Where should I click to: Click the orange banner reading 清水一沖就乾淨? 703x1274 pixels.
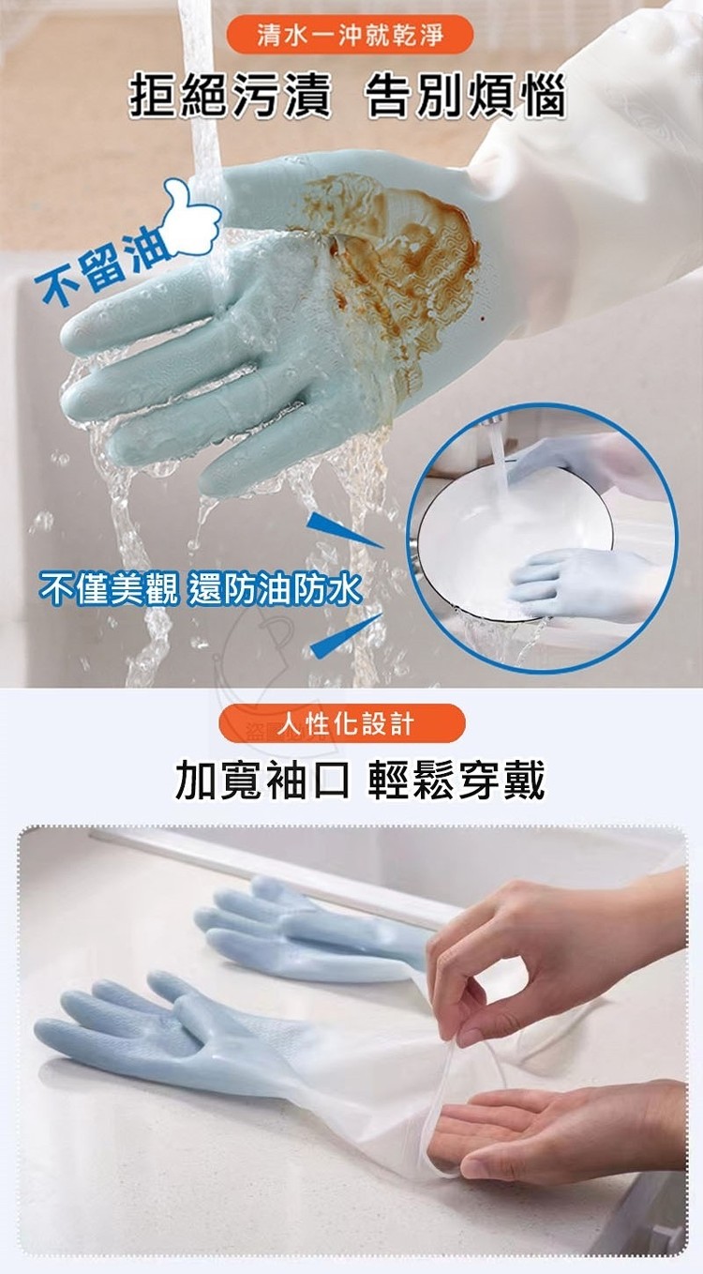(349, 36)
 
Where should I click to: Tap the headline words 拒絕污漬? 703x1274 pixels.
(231, 96)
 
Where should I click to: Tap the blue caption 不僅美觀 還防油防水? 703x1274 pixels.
(200, 589)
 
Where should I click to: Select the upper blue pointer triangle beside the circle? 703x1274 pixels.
(343, 531)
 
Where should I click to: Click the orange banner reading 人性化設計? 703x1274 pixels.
(341, 724)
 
